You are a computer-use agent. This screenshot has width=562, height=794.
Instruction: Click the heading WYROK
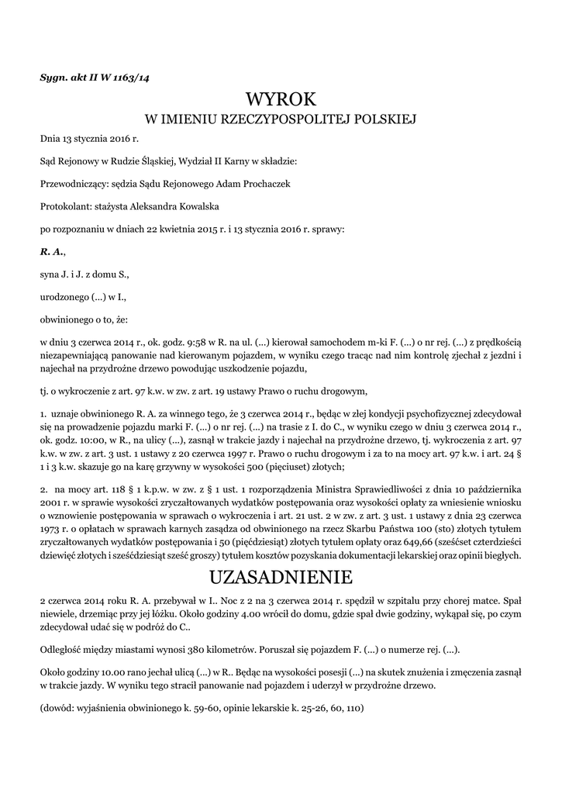(281, 99)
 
